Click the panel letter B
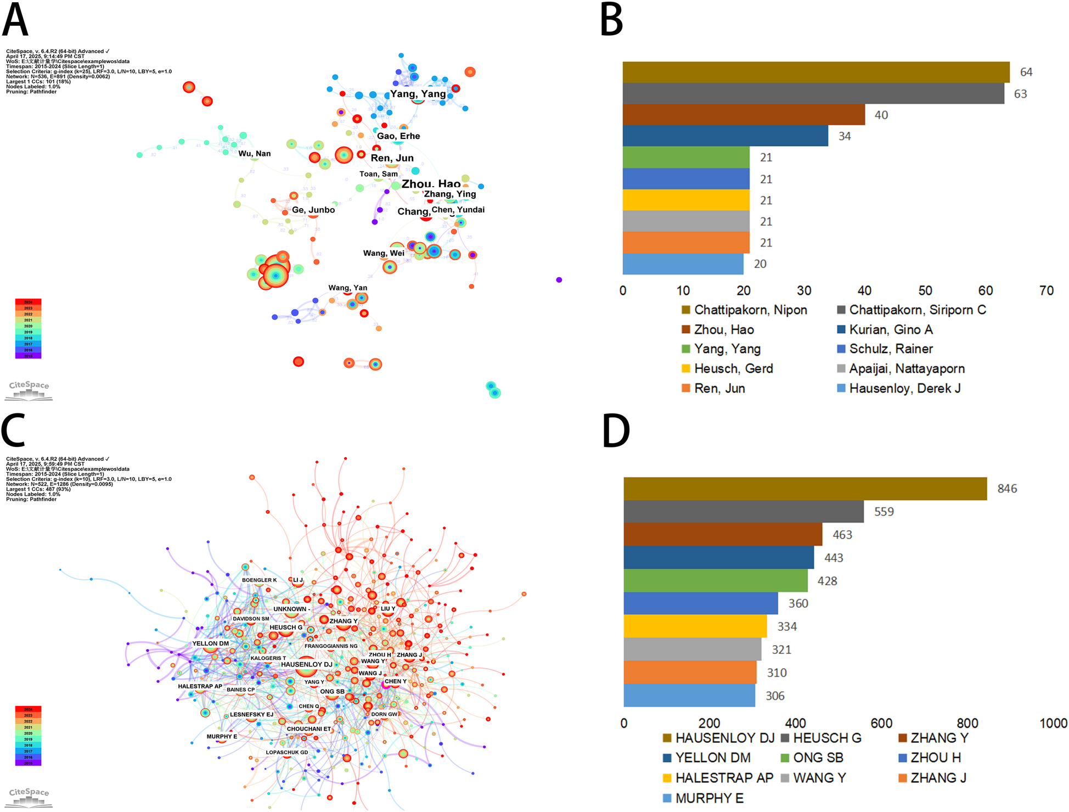(x=611, y=20)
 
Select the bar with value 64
(x=815, y=72)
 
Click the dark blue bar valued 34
(x=724, y=136)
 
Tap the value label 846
(x=1007, y=489)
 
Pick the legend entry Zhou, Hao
(x=723, y=329)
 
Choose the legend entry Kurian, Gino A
(x=890, y=329)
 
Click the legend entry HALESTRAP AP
(x=723, y=778)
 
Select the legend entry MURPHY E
(x=708, y=798)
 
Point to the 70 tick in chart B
(x=1046, y=290)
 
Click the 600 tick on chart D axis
(x=881, y=723)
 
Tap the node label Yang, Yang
(x=418, y=94)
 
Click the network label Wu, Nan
(x=254, y=154)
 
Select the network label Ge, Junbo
(x=313, y=210)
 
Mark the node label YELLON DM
(x=210, y=643)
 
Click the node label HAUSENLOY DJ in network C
(x=306, y=664)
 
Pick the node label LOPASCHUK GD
(x=286, y=752)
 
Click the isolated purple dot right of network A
(x=559, y=280)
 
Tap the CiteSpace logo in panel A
(x=30, y=390)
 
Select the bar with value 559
(x=743, y=512)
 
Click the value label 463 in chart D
(x=842, y=535)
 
